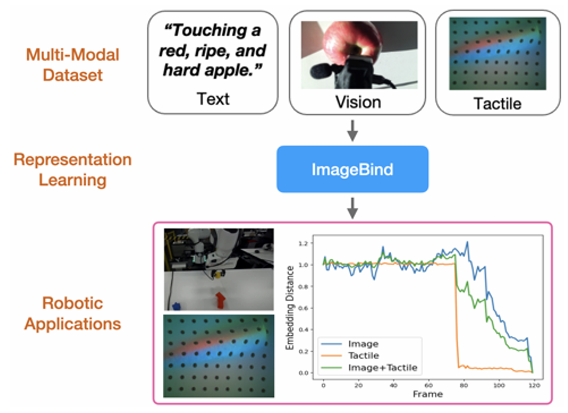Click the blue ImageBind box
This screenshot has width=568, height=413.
[352, 169]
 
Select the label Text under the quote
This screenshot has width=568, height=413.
[213, 99]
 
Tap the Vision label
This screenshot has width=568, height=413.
[358, 102]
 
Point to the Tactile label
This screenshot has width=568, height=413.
[497, 103]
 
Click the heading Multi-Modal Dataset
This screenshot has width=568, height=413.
[73, 65]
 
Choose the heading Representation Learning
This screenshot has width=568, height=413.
[73, 170]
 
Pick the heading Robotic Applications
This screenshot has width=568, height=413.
[73, 313]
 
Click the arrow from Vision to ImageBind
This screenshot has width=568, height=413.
[352, 130]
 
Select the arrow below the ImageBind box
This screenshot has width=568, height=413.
[352, 208]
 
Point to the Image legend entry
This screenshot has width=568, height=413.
[363, 344]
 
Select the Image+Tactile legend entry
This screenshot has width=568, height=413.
[382, 368]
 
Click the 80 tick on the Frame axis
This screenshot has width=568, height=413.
[464, 386]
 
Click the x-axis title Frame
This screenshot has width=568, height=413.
[428, 394]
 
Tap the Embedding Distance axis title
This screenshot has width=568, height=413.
[290, 308]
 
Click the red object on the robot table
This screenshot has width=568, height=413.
[221, 300]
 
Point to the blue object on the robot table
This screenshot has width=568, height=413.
[176, 306]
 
